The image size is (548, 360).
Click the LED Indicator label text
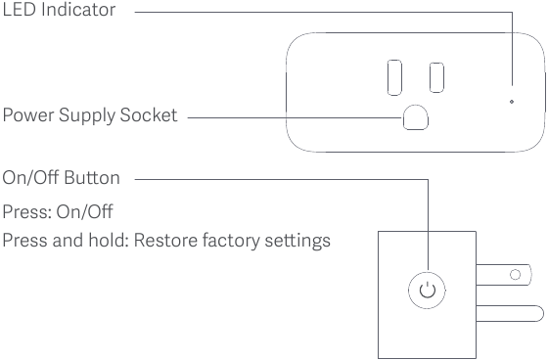(x=58, y=11)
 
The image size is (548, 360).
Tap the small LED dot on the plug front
(x=513, y=100)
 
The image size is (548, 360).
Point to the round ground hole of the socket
(x=415, y=116)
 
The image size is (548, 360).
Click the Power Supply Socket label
(x=90, y=116)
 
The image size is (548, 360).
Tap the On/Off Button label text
(x=62, y=178)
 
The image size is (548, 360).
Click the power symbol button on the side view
(x=426, y=290)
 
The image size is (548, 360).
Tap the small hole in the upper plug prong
(x=514, y=275)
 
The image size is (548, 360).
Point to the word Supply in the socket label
(x=81, y=116)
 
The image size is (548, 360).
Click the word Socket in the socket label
(x=150, y=116)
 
